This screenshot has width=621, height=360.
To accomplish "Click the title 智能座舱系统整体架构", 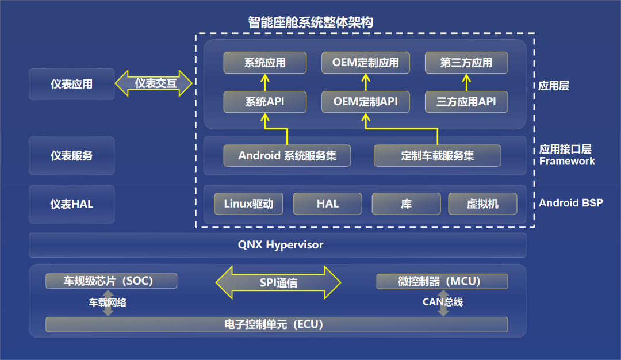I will [310, 22].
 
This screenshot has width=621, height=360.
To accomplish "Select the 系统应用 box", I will [265, 63].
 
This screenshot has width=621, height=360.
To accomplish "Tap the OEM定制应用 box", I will [366, 63].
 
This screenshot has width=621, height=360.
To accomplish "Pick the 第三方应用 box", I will [466, 63].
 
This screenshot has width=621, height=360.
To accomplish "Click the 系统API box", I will [265, 102].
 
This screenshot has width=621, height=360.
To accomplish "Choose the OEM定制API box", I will [366, 102].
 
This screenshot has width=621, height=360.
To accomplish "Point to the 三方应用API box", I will [466, 102].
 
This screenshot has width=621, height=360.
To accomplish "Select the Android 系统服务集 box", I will [287, 156].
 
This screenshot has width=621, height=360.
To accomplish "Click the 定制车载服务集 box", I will [437, 156].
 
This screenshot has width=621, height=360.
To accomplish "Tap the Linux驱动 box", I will [248, 204].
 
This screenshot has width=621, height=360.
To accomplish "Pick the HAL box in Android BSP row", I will [328, 204].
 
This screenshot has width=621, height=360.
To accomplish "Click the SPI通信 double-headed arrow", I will [278, 282].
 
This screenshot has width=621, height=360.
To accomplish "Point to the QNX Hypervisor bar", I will [278, 245].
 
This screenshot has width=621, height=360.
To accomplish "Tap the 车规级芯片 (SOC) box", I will [112, 281].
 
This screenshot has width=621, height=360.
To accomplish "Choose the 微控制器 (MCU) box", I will [442, 281].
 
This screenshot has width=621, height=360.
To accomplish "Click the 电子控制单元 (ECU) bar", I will [277, 324].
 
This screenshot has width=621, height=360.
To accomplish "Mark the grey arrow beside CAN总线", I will [443, 303].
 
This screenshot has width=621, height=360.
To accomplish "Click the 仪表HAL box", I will [72, 204].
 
